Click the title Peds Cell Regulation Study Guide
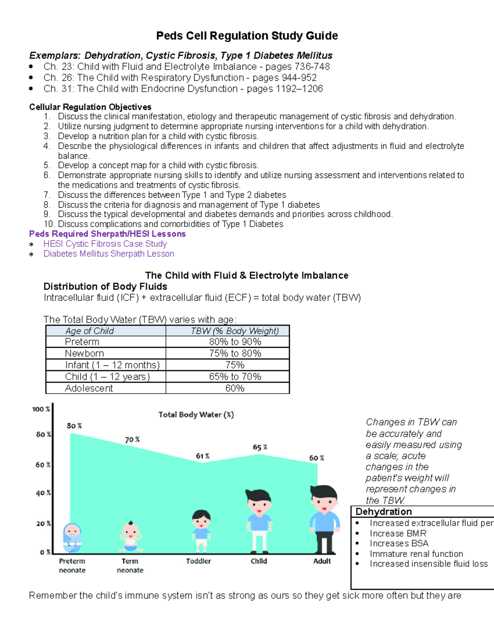point(247,36)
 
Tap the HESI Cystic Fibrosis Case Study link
point(105,244)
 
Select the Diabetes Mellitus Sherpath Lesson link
point(109,254)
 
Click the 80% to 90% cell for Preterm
point(235,342)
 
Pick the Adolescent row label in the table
point(89,388)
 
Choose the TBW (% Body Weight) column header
point(235,331)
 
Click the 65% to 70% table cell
point(235,377)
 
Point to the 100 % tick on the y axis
point(41,409)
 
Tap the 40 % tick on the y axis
point(43,493)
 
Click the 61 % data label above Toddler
point(203,456)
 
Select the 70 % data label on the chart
point(132,440)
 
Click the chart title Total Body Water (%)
point(196,415)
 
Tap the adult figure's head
point(324,499)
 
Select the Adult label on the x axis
point(322,561)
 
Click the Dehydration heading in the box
point(384,512)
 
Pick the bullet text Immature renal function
point(416,554)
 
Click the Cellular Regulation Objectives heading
point(90,107)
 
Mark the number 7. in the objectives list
point(47,195)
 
